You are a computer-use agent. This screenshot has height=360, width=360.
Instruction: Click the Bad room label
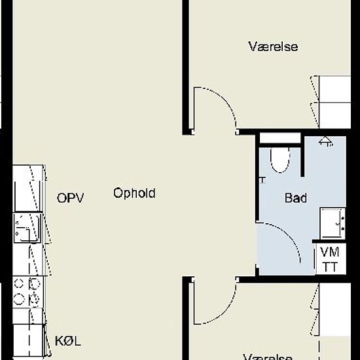297,198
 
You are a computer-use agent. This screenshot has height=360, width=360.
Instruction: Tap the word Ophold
134,193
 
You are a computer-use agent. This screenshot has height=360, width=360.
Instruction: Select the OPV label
71,198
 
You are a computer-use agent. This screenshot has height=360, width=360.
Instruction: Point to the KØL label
69,341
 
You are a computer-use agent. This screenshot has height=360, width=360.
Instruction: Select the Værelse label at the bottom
268,356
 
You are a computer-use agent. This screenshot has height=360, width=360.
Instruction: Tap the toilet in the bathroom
279,159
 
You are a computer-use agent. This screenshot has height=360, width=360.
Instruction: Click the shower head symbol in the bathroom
325,140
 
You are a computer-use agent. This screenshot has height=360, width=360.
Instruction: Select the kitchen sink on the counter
27,228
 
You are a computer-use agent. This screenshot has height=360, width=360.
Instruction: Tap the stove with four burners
27,291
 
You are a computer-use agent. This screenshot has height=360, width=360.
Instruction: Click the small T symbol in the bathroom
262,179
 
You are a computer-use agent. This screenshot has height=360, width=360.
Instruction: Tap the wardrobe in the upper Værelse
334,102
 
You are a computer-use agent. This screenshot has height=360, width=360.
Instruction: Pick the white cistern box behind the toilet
280,138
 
